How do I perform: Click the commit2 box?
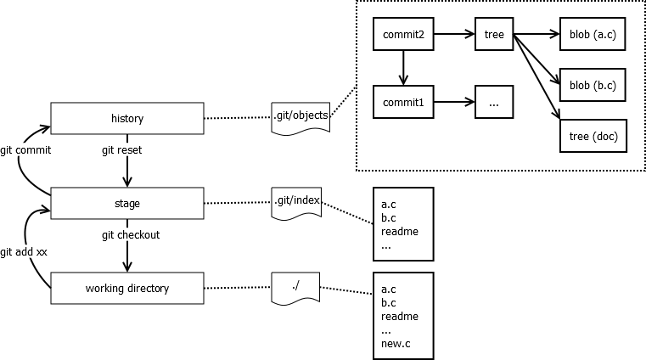[x=403, y=35]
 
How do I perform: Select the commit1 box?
[x=403, y=102]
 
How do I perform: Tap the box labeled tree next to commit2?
[x=494, y=35]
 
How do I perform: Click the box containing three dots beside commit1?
[x=494, y=102]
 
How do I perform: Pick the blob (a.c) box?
[x=593, y=35]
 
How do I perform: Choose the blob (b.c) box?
[x=593, y=85]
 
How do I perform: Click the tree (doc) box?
[x=593, y=136]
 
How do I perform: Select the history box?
[x=127, y=118]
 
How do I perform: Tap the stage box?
[x=127, y=203]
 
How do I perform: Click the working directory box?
[x=127, y=288]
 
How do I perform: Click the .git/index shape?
[x=296, y=202]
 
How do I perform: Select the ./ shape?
[x=295, y=286]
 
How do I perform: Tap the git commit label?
[x=25, y=150]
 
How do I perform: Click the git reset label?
[x=121, y=150]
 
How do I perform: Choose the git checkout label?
[x=131, y=234]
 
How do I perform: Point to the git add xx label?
[x=24, y=251]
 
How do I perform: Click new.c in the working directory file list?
[x=396, y=343]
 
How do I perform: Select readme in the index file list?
[x=399, y=231]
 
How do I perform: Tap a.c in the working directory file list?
[x=389, y=289]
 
